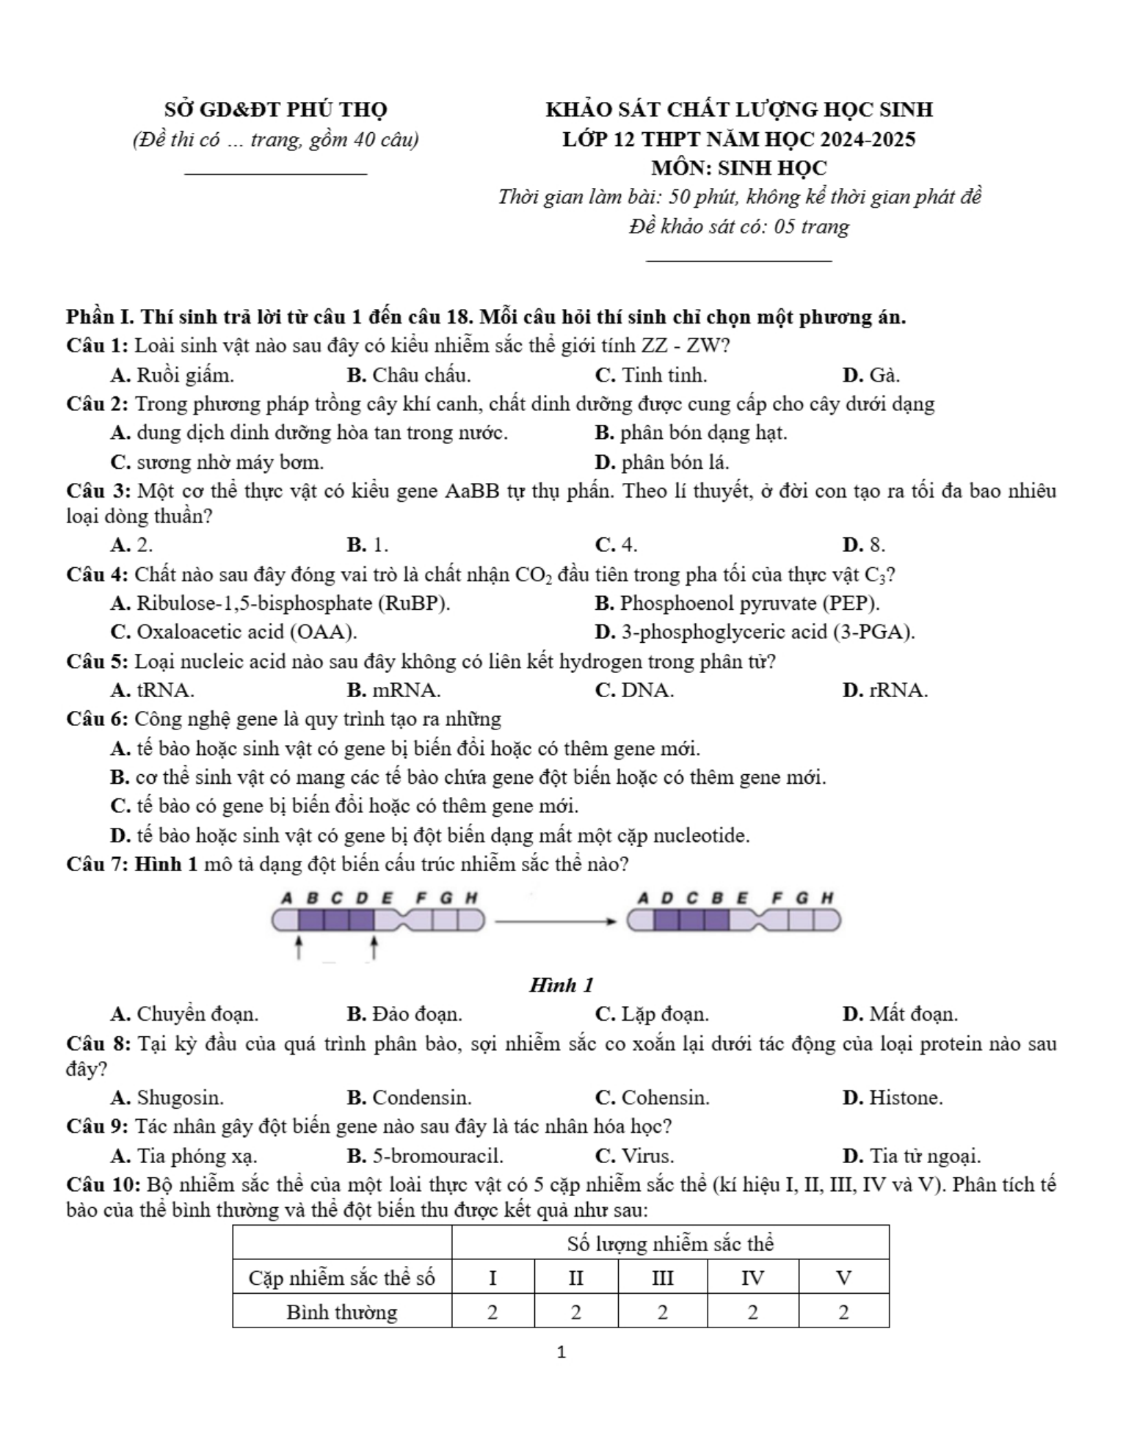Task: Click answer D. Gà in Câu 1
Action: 871,375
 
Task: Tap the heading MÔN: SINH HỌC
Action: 738,168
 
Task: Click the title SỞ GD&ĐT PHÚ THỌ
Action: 275,110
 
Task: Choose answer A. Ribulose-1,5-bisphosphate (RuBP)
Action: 280,603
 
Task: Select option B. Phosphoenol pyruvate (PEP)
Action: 737,603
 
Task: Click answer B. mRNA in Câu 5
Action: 393,691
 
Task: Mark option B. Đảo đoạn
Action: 404,1014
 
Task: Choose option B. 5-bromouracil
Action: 425,1156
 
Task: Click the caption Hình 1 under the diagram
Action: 561,985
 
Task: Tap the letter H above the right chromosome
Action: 827,897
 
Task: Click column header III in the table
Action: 662,1278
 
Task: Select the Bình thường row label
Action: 342,1311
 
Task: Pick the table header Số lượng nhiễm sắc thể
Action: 670,1244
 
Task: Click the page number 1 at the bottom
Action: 561,1352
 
